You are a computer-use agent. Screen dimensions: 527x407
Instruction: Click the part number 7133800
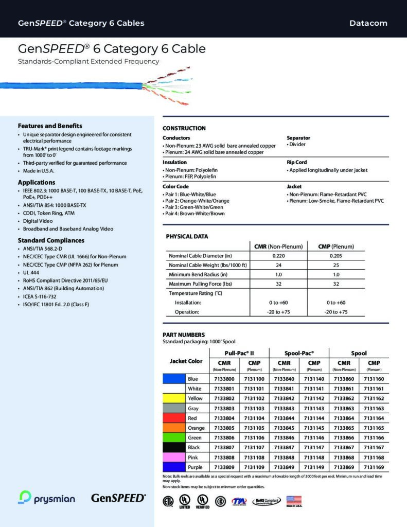(x=224, y=379)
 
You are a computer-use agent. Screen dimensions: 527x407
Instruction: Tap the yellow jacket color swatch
(x=173, y=398)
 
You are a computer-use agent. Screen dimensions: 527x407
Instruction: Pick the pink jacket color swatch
(x=173, y=458)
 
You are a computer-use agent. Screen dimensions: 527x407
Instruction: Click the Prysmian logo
(x=47, y=498)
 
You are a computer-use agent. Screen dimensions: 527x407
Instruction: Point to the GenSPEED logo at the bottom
(x=118, y=498)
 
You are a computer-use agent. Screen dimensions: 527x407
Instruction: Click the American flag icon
(x=293, y=500)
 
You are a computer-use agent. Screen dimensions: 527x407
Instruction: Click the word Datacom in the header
(x=368, y=23)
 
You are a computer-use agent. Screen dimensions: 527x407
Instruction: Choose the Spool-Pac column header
(x=299, y=353)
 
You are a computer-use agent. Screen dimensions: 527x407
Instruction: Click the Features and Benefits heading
(x=50, y=126)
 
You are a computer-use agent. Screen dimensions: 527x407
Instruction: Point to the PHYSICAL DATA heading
(x=187, y=236)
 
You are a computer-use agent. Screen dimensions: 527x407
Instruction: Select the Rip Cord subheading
(x=296, y=162)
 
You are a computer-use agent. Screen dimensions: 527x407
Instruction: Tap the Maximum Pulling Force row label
(x=200, y=284)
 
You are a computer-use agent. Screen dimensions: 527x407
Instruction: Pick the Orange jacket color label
(x=196, y=428)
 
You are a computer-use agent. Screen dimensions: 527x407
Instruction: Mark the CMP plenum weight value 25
(x=336, y=265)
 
